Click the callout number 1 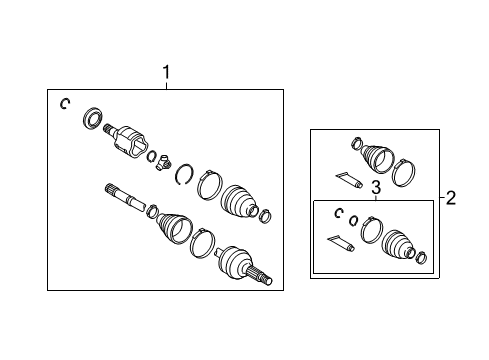pyautogui.click(x=166, y=72)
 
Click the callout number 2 pyautogui.click(x=451, y=198)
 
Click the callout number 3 pyautogui.click(x=376, y=187)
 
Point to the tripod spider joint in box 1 pyautogui.click(x=164, y=160)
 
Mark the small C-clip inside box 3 pyautogui.click(x=340, y=213)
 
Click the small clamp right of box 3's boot pyautogui.click(x=421, y=259)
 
